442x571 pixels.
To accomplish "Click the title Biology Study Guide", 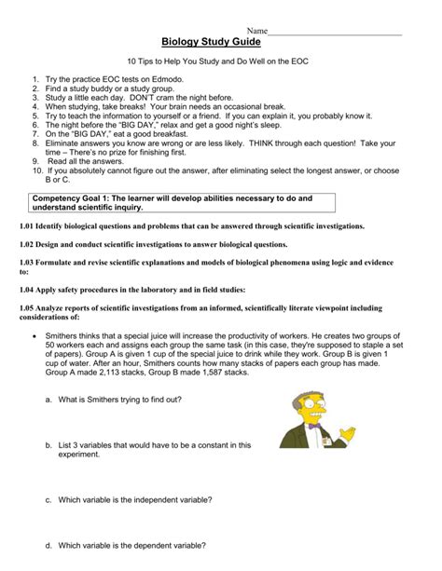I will pyautogui.click(x=211, y=42).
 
